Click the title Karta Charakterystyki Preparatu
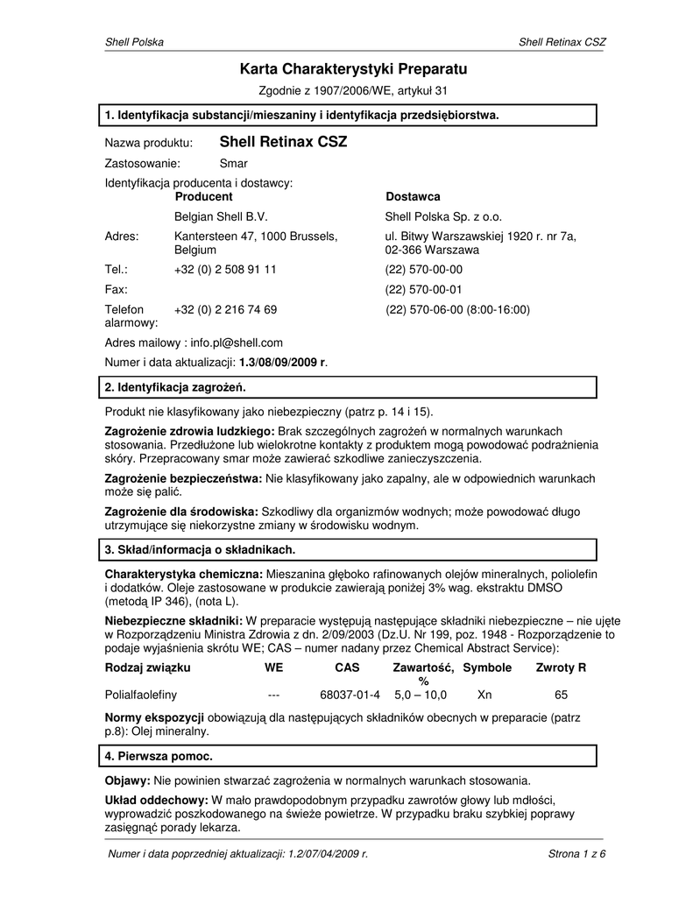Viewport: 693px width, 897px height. (354, 68)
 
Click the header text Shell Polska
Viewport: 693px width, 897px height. (134, 42)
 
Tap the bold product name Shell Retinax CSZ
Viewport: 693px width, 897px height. (283, 141)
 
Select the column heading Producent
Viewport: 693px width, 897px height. (203, 196)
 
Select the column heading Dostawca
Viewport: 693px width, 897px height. (413, 196)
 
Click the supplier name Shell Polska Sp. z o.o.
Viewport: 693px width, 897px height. (443, 216)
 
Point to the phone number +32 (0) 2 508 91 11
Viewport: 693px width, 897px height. (225, 270)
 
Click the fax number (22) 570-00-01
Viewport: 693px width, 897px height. (424, 289)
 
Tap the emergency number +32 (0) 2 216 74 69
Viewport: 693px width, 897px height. (225, 309)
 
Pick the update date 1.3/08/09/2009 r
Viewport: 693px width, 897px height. (289, 362)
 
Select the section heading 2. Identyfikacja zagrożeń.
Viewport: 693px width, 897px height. (175, 386)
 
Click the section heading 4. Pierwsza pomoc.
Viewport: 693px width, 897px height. (159, 755)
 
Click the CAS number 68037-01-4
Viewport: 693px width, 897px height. (350, 695)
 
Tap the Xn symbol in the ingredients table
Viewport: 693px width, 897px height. (484, 695)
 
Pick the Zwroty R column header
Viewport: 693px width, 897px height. (561, 667)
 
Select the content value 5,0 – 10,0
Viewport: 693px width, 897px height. (421, 695)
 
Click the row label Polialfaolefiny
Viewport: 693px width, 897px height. (141, 695)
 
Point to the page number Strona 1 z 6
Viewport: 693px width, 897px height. (576, 854)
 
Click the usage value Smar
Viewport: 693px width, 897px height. (233, 163)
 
